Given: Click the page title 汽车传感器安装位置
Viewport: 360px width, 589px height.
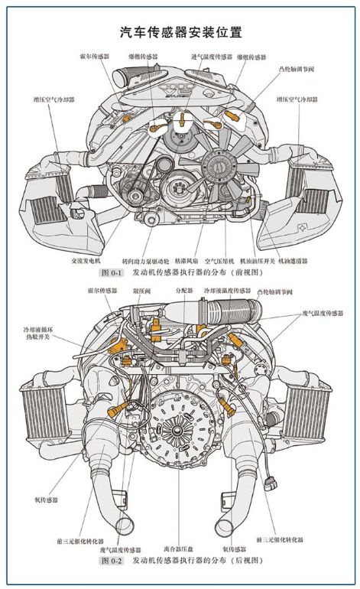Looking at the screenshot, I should point(180,32).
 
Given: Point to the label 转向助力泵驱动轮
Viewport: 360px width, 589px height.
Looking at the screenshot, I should point(145,260).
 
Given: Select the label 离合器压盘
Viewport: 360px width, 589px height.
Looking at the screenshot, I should point(177,548).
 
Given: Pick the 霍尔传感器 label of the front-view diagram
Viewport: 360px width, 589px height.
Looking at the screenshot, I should point(93,57).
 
